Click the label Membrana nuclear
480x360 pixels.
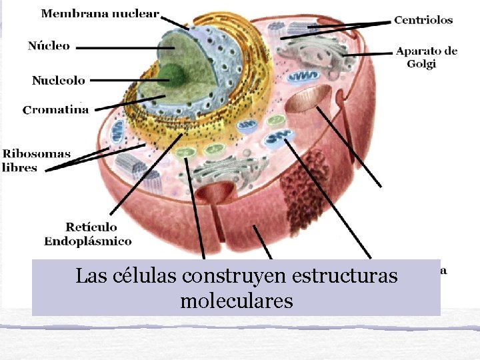click(100, 13)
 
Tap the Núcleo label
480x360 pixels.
click(49, 45)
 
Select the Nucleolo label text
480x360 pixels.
click(59, 80)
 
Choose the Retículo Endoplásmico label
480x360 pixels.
click(88, 234)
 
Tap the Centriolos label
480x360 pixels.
click(423, 20)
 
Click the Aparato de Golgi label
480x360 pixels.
click(426, 57)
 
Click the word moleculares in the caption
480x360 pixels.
click(236, 301)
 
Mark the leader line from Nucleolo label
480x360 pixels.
click(127, 80)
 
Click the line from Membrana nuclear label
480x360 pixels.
click(175, 21)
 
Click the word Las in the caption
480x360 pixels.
click(88, 275)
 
